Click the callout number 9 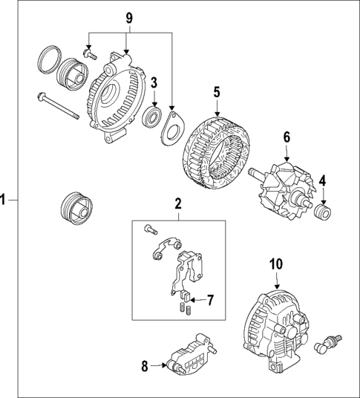click(x=129, y=16)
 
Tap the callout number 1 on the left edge click(x=5, y=199)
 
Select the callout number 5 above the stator click(x=217, y=92)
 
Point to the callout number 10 click(x=275, y=264)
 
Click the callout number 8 click(x=144, y=365)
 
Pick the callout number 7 click(x=210, y=300)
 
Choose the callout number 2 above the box click(x=177, y=203)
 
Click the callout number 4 click(x=322, y=180)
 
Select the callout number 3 click(x=154, y=82)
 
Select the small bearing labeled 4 click(x=322, y=212)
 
